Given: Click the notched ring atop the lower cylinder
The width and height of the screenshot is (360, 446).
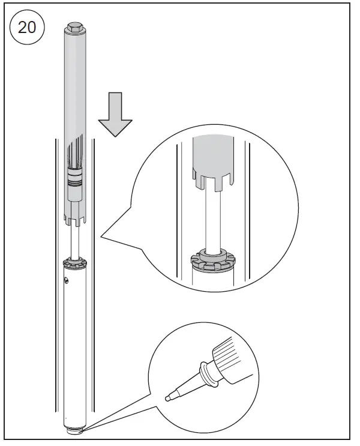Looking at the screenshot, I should (x=76, y=262).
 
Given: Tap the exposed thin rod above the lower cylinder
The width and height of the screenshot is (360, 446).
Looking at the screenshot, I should (x=75, y=240).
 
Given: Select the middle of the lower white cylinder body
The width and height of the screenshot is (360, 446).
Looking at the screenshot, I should (x=75, y=348).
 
